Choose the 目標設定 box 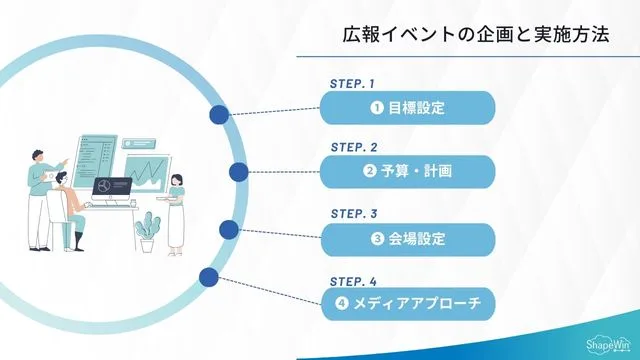tap(408, 107)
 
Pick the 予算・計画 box tap(408, 172)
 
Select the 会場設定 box tap(408, 239)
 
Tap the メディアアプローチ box tap(408, 304)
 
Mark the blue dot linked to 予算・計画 tap(239, 173)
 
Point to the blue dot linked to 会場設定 tap(229, 231)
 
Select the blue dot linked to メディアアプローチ tap(208, 277)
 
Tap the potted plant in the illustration tap(148, 231)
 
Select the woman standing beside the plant tap(177, 211)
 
